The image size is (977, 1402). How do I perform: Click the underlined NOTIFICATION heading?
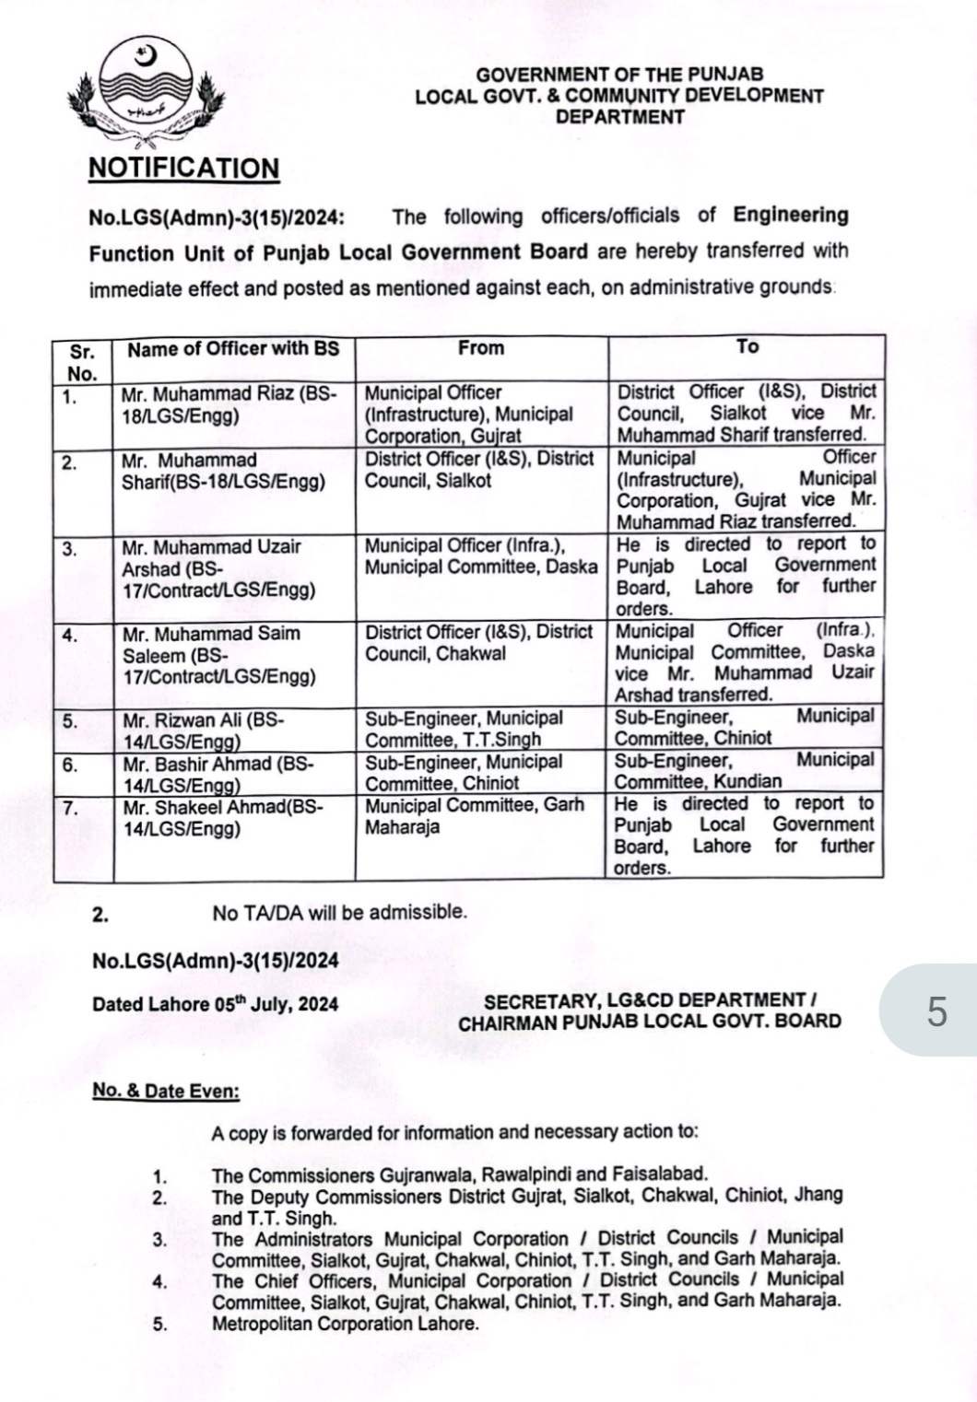(x=182, y=169)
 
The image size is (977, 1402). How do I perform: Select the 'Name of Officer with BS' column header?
(x=233, y=349)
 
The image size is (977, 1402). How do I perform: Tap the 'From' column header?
(x=481, y=348)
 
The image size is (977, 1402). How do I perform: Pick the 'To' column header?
(x=747, y=347)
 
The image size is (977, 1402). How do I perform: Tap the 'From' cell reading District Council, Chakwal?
(x=478, y=643)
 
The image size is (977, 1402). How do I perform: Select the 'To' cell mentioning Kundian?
(x=744, y=771)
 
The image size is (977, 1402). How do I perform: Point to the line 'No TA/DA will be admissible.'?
(x=339, y=913)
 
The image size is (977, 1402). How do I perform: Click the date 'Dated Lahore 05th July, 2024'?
(x=215, y=1004)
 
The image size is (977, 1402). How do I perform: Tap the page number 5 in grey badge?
(x=936, y=1011)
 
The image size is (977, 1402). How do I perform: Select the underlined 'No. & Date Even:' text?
(x=166, y=1092)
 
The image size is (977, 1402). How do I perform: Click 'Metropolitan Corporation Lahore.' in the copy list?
(x=346, y=1325)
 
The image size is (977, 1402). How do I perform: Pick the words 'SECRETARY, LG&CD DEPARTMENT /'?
(x=651, y=1000)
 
